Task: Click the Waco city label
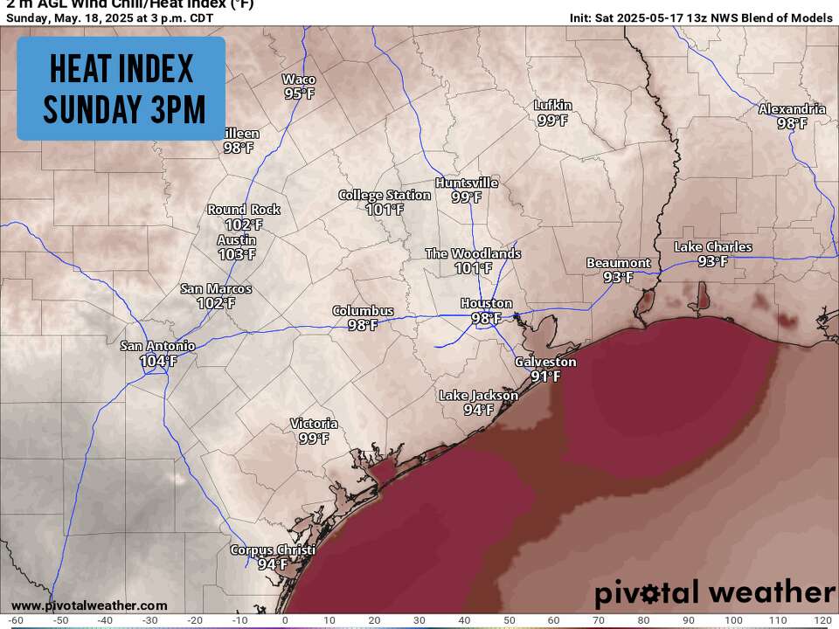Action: point(298,79)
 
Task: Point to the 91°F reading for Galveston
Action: point(545,377)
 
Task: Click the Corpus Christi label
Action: point(272,550)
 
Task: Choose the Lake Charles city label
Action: point(712,247)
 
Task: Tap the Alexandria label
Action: point(792,109)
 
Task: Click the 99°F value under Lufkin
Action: point(552,121)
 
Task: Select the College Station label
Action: point(385,196)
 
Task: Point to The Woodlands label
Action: point(473,254)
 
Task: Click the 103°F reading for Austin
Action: point(237,254)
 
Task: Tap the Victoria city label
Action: point(314,425)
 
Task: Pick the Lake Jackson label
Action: point(478,396)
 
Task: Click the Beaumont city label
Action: point(618,263)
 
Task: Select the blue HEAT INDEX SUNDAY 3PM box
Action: point(121,88)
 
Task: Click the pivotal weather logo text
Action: point(715,593)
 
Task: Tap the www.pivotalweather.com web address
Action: point(89,605)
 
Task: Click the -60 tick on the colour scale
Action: point(15,621)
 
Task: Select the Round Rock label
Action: point(244,210)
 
